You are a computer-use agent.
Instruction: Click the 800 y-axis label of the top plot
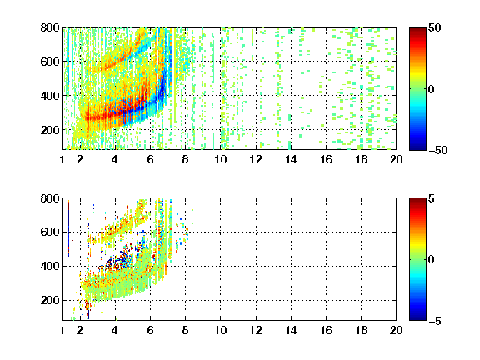[x=50, y=27]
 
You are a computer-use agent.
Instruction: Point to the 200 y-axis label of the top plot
[x=50, y=130]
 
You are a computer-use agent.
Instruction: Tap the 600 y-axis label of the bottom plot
[x=50, y=232]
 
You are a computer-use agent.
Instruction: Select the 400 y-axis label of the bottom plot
[x=50, y=266]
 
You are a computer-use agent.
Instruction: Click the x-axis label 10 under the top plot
[x=220, y=159]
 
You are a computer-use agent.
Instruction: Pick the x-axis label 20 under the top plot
[x=396, y=159]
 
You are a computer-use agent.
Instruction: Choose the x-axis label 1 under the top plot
[x=62, y=159]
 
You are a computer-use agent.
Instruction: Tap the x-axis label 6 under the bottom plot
[x=150, y=330]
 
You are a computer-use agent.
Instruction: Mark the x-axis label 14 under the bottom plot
[x=291, y=330]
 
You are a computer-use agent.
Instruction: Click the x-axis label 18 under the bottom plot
[x=361, y=330]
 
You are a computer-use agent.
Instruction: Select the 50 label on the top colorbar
[x=434, y=27]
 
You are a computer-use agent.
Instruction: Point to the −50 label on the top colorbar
[x=437, y=150]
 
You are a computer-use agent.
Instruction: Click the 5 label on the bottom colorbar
[x=432, y=198]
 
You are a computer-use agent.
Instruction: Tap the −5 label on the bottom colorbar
[x=435, y=321]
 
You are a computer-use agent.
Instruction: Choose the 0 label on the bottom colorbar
[x=432, y=260]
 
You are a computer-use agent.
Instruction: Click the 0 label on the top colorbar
[x=432, y=89]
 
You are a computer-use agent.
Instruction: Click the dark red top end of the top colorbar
[x=417, y=30]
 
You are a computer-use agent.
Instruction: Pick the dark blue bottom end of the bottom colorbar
[x=417, y=317]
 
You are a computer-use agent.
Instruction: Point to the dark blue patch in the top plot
[x=162, y=89]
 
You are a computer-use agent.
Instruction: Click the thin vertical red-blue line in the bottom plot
[x=68, y=228]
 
